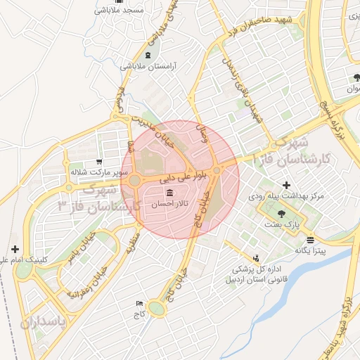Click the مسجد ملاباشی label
[x=124, y=11]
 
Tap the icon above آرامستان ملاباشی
[x=147, y=55]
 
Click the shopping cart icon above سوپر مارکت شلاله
[x=98, y=161]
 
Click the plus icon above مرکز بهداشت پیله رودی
[x=285, y=185]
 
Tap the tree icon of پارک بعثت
[x=281, y=214]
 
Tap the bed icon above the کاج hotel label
[x=139, y=303]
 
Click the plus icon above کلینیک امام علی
[x=15, y=249]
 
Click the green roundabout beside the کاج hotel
[x=157, y=308]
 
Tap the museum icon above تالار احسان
[x=170, y=193]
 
